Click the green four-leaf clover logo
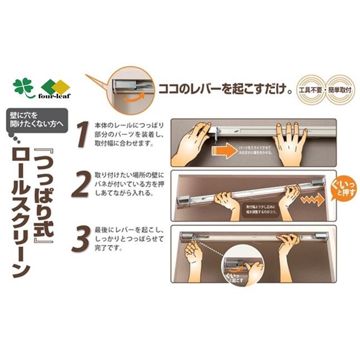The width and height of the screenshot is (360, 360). point(23,87)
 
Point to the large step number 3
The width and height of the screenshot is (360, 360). point(82,239)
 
